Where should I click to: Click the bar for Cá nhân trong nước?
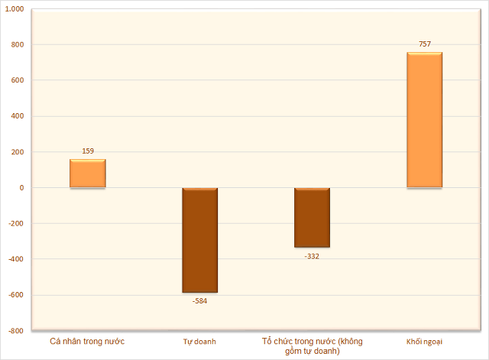[x=88, y=174]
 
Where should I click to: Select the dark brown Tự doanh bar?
[x=199, y=240]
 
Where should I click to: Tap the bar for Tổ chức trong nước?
[x=312, y=218]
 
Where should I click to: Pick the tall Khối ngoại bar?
[x=424, y=120]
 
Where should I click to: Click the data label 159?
[x=88, y=151]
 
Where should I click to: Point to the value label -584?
[x=199, y=300]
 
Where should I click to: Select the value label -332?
[x=312, y=256]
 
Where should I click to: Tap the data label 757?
[x=424, y=44]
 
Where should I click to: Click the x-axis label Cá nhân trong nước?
[x=87, y=340]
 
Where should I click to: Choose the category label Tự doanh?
[x=199, y=341]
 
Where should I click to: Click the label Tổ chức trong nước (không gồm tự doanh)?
[x=312, y=345]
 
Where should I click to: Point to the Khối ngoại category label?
[x=424, y=341]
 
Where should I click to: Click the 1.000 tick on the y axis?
[x=15, y=8]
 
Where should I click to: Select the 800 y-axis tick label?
[x=18, y=44]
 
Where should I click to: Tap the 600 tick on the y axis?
[x=18, y=80]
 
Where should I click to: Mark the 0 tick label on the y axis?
[x=21, y=188]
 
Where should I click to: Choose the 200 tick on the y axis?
[x=18, y=152]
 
